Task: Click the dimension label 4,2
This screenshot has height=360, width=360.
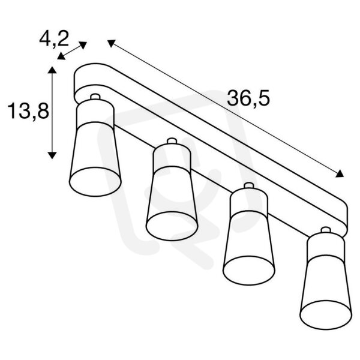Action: click(54, 39)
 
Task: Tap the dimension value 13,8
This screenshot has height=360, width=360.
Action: click(28, 111)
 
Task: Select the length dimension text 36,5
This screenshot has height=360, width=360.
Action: click(248, 98)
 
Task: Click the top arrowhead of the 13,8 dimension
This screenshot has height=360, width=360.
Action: click(52, 70)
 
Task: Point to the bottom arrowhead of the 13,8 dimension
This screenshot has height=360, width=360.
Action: click(52, 155)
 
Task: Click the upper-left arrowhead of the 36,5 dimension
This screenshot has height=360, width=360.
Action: click(111, 43)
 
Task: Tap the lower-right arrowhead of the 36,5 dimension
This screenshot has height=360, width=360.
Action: click(340, 173)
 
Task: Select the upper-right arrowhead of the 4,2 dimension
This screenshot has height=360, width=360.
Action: click(83, 45)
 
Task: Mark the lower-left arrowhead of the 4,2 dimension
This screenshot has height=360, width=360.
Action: click(61, 56)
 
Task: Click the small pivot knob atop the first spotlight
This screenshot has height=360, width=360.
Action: click(95, 97)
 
